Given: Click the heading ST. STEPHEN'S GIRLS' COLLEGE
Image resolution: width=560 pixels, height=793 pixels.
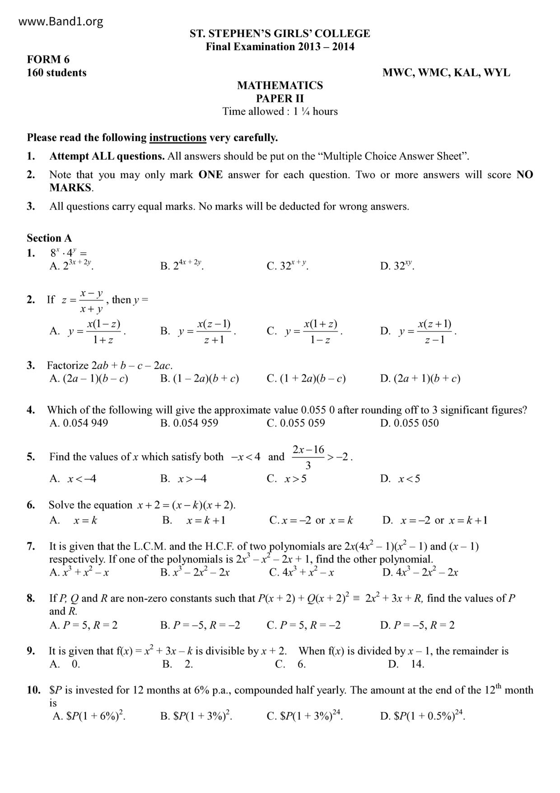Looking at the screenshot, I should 280,33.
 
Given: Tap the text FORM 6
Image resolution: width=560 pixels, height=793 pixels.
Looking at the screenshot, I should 48,59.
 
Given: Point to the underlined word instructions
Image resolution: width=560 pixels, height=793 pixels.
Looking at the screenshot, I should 177,137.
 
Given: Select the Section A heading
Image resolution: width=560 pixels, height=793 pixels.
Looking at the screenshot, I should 49,238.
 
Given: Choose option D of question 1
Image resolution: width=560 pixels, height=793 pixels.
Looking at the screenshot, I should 397,266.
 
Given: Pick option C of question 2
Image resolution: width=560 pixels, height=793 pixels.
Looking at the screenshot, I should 305,331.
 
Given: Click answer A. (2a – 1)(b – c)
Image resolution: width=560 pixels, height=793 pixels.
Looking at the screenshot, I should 89,378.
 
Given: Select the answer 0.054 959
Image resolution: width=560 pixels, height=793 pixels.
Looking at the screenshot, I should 189,423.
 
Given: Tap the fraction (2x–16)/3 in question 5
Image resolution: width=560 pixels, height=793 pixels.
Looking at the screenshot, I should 308,457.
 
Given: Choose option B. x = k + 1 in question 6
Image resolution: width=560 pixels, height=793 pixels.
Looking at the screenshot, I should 194,520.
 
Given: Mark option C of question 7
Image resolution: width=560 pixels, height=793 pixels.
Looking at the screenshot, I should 301,572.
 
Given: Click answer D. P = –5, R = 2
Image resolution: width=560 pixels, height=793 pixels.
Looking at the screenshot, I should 417,625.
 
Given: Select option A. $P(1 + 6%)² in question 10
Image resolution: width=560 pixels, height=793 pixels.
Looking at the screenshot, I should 89,716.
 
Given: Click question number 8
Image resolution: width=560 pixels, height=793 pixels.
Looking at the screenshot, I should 31,599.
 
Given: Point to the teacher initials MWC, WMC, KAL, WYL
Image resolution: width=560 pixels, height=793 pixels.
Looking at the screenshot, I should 446,73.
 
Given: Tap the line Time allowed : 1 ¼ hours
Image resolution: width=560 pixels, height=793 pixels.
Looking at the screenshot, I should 280,112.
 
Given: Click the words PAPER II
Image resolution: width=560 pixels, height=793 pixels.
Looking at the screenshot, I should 280,99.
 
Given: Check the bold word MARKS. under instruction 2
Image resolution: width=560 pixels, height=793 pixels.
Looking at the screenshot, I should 71,188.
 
